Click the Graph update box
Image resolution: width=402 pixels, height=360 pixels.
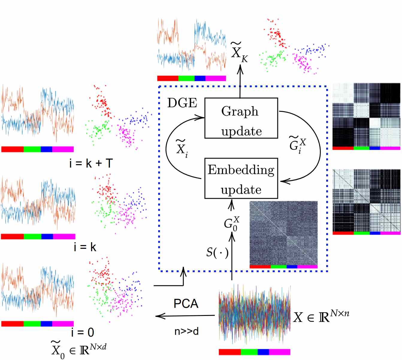(241, 118)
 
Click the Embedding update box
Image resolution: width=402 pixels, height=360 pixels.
(241, 179)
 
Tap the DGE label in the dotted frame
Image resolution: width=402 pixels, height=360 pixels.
(182, 103)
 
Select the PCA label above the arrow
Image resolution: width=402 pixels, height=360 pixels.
(186, 304)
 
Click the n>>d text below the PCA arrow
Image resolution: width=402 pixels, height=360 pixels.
(186, 331)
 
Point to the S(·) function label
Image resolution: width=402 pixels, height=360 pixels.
(217, 252)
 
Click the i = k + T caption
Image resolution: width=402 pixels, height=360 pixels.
(91, 163)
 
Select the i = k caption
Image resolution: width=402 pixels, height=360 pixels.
(85, 247)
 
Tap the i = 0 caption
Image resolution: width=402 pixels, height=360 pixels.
(83, 332)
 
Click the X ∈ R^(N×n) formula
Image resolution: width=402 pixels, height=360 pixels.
(321, 317)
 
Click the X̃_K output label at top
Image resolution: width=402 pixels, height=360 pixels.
(239, 53)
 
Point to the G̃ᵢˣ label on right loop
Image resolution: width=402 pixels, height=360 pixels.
(297, 145)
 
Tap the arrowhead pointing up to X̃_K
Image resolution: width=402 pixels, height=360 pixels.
(240, 70)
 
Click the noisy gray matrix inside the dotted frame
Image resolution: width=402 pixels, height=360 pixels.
(283, 233)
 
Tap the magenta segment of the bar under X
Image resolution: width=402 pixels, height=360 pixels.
(279, 352)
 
